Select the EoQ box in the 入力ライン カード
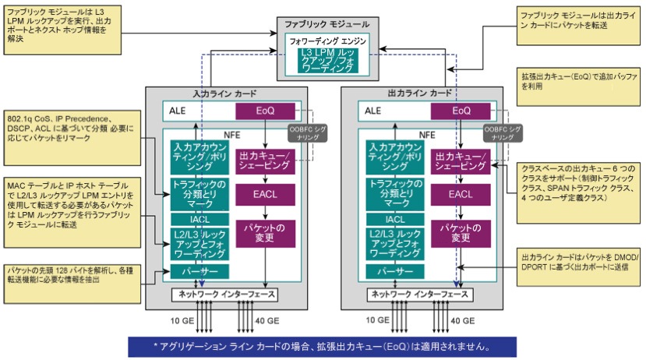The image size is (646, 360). click(265, 111)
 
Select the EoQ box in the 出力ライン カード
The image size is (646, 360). click(461, 111)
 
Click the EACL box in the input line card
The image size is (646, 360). click(265, 195)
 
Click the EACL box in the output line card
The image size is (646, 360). click(461, 195)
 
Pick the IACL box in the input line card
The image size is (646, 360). click(199, 219)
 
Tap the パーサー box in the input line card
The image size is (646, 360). click(199, 271)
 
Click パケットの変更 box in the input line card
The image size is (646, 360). click(265, 231)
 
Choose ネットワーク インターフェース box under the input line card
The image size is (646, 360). click(224, 295)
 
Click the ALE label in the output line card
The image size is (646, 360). click(372, 111)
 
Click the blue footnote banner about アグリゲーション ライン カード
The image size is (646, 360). click(322, 345)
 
